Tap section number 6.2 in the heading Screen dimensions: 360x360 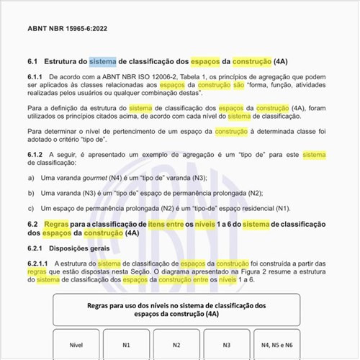pyautogui.click(x=32, y=224)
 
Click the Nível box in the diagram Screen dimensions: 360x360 pyautogui.click(x=76, y=346)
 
